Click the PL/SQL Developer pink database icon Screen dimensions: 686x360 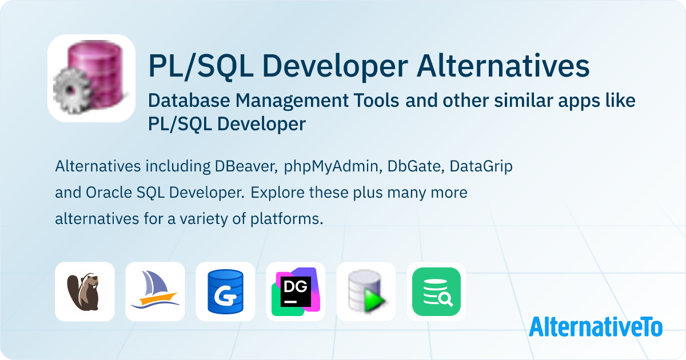(91, 78)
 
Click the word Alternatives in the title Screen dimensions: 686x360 (503, 66)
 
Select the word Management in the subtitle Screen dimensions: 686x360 (317, 101)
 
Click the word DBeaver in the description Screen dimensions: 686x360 (246, 166)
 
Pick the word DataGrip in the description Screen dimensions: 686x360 (481, 167)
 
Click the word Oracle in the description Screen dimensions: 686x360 (109, 193)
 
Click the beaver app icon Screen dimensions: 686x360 (85, 291)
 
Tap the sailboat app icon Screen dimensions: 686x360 (155, 291)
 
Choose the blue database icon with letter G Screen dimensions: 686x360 (225, 291)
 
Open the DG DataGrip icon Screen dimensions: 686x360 (296, 291)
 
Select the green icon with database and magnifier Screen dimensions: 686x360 (436, 291)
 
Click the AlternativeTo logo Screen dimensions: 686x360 (596, 327)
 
